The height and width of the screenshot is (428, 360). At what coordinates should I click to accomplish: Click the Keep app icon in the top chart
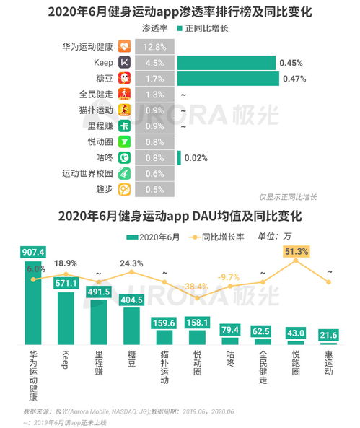point(124,63)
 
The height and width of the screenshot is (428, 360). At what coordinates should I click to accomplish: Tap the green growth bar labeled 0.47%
point(226,79)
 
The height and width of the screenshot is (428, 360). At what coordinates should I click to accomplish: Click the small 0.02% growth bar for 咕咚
point(178,157)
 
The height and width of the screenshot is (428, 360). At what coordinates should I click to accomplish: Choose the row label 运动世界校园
point(87,173)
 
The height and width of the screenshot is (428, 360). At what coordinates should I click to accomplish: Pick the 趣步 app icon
point(124,189)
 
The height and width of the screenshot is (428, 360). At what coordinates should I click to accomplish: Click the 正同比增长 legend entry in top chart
point(211,29)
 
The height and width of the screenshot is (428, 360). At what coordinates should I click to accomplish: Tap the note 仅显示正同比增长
point(288,197)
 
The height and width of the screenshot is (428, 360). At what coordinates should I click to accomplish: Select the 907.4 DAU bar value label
point(34,252)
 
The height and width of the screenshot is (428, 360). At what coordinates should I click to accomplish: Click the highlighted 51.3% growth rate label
point(297,251)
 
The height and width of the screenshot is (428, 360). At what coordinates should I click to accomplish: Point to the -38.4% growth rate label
point(196,286)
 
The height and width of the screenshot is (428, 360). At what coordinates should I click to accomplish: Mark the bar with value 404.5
point(131,298)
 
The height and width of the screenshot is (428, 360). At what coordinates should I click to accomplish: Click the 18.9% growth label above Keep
point(66,263)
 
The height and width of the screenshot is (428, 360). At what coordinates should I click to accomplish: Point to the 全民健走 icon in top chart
point(124,95)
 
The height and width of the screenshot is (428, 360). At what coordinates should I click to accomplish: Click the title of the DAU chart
point(180,216)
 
